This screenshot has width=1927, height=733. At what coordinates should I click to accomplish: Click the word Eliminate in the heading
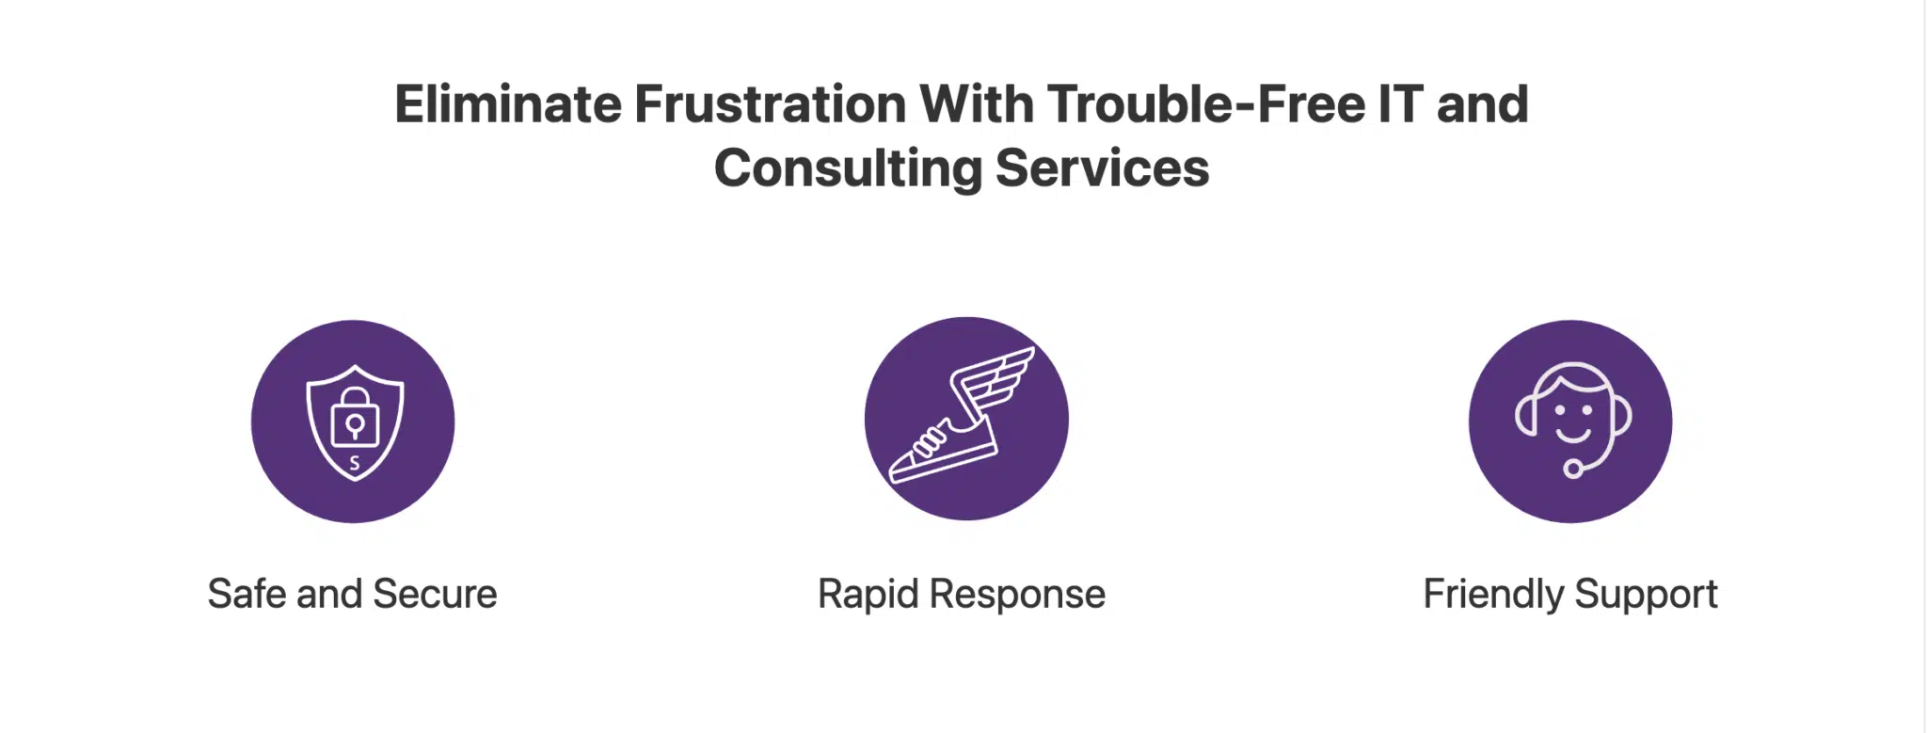(508, 104)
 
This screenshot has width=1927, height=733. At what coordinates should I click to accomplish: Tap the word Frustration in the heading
(771, 104)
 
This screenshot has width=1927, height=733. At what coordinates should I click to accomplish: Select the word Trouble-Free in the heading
(1206, 104)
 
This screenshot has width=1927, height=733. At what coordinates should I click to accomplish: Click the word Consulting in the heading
(848, 168)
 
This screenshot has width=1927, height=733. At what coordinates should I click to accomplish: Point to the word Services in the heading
(1102, 168)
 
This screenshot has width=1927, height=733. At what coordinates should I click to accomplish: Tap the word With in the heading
(977, 104)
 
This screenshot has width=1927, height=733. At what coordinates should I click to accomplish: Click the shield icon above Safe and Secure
(355, 422)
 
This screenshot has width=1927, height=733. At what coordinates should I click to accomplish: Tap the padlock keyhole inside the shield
(355, 427)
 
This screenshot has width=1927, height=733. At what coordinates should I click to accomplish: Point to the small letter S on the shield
(355, 463)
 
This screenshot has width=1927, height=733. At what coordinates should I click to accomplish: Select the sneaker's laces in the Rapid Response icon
(930, 439)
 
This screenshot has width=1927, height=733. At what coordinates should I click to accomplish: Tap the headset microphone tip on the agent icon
(1572, 469)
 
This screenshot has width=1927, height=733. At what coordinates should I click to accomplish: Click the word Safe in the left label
(247, 595)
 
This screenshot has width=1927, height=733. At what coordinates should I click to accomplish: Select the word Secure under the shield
(435, 595)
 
